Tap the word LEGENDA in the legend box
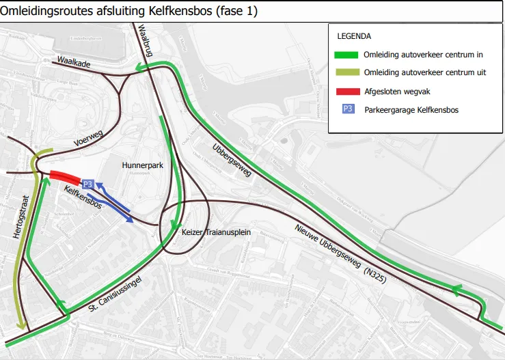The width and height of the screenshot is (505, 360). coord(354,36)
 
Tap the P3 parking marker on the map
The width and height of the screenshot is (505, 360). coord(87,184)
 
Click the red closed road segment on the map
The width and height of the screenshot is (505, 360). coord(65,177)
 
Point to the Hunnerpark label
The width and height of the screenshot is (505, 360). coord(142,165)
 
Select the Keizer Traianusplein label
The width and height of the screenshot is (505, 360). coord(217,233)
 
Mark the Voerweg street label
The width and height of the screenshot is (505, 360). coord(87,140)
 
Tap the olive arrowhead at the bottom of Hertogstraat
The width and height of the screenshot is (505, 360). coord(21,326)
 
